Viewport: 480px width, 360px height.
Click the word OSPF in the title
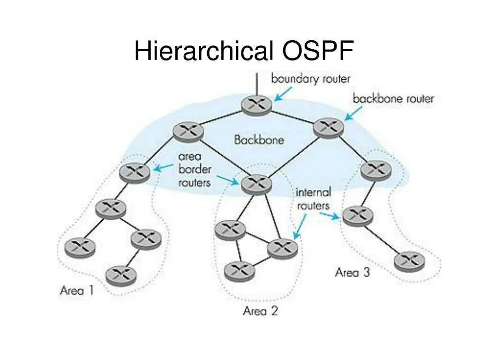point(317,51)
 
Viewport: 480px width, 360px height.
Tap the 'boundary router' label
point(310,78)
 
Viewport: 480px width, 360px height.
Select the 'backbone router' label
point(393,99)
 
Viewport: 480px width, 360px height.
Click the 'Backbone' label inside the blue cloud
point(259,140)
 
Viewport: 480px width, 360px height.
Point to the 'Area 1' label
point(77,290)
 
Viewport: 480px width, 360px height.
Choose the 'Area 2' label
point(260,310)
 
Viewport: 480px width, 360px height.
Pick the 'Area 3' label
point(352,272)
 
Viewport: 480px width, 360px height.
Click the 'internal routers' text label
point(313,199)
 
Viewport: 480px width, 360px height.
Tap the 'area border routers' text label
point(195,169)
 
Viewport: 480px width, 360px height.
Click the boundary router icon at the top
point(256,105)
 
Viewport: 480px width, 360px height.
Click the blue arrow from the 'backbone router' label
point(353,113)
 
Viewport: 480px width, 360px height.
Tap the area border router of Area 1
point(135,172)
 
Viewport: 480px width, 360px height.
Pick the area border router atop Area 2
point(256,183)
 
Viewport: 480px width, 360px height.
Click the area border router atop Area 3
point(376,170)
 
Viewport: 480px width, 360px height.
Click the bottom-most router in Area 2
point(239,270)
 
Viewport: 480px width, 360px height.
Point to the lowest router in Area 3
point(409,262)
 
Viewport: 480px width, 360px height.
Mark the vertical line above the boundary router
point(256,84)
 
